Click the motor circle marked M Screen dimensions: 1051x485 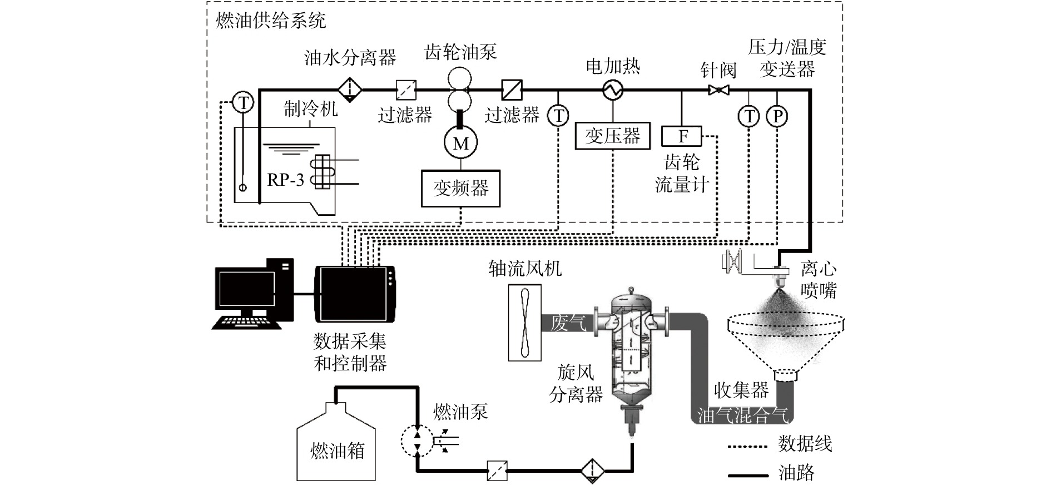461,143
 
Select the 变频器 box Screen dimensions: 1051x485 461,189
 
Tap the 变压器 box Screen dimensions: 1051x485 613,136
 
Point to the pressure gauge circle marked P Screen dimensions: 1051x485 777,116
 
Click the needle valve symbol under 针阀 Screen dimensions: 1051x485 719,90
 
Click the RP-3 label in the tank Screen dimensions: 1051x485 286,180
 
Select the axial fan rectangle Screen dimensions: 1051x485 524,323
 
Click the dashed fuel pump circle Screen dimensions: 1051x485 417,441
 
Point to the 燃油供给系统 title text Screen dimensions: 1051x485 270,21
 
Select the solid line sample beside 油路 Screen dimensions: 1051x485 748,476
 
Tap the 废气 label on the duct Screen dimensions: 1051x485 568,323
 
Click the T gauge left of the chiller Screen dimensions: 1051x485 243,102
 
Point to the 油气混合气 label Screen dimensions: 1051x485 742,416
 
